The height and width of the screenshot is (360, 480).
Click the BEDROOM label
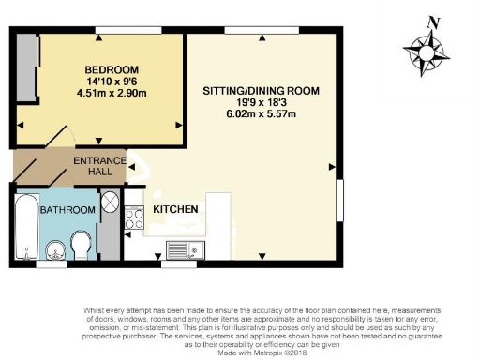click(112, 69)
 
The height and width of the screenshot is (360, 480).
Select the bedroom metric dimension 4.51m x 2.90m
click(112, 93)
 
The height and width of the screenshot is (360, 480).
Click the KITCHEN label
click(175, 208)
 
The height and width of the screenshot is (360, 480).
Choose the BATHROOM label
click(67, 210)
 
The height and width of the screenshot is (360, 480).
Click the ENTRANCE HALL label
click(100, 167)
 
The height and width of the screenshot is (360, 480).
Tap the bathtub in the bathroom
click(25, 225)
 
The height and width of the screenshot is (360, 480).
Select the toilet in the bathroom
click(82, 245)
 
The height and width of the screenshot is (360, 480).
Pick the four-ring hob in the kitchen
click(134, 219)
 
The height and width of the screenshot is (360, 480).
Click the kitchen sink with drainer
click(184, 248)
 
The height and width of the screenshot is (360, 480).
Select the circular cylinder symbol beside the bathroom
click(109, 201)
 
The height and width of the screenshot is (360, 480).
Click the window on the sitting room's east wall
click(339, 202)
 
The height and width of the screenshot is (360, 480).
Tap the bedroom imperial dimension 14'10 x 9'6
click(112, 82)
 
